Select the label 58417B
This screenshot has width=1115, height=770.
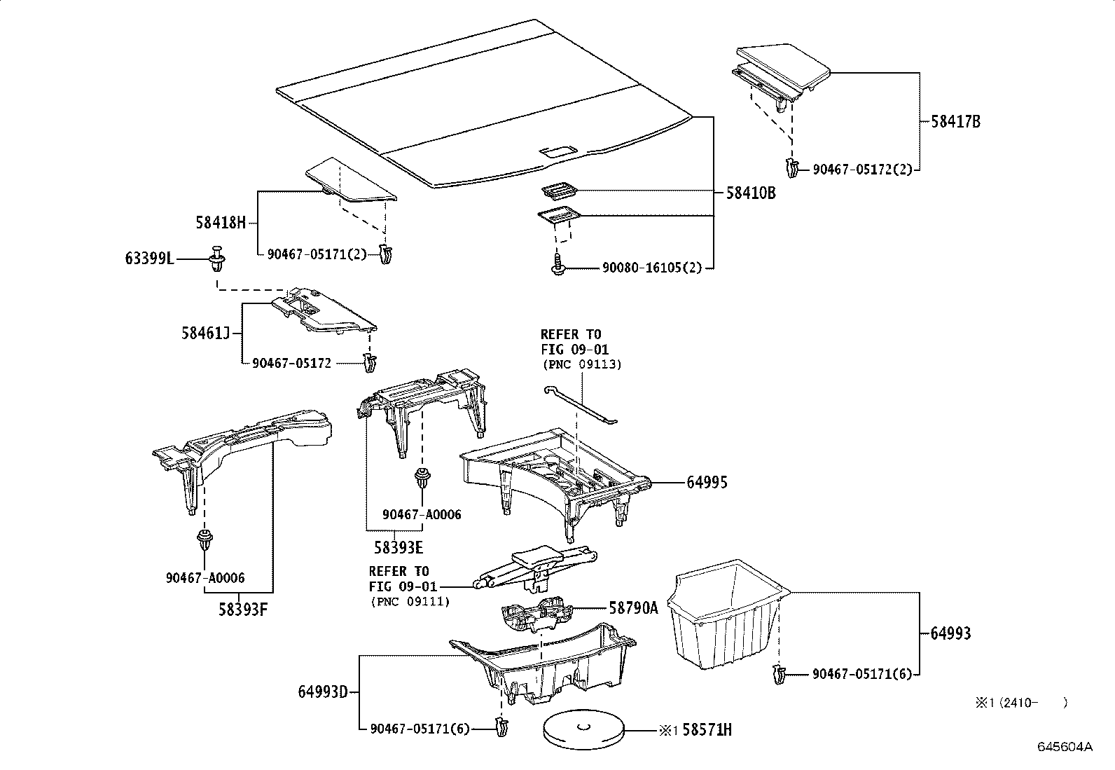tap(955, 122)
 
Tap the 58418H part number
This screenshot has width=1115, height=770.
tap(221, 224)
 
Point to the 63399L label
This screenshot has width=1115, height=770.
tap(149, 259)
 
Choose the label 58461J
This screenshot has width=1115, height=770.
tap(205, 333)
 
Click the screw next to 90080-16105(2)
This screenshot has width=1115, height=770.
tap(558, 266)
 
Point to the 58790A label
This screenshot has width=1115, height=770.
tap(633, 608)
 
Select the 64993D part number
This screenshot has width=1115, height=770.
tap(323, 692)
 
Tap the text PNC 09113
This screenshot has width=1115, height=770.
tap(582, 365)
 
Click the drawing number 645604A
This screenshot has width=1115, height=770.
tap(1065, 747)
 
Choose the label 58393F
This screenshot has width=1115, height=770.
tap(242, 609)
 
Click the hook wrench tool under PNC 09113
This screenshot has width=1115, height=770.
tap(580, 404)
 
